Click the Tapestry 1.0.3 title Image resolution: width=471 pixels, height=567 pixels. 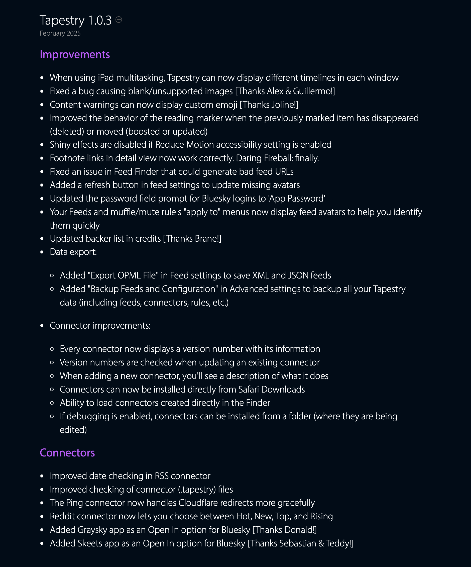click(x=75, y=20)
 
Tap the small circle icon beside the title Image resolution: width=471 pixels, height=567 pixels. click(x=119, y=20)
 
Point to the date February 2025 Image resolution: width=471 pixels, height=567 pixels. click(x=60, y=33)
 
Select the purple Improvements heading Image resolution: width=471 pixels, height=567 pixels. click(x=75, y=55)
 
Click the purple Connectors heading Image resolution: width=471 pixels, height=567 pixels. click(x=67, y=453)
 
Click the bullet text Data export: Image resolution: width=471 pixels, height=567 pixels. click(x=73, y=252)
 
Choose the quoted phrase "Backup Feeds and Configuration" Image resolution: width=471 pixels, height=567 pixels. click(x=153, y=289)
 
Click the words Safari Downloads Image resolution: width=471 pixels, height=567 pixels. click(x=272, y=389)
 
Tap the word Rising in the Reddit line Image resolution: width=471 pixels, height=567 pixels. click(x=321, y=516)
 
